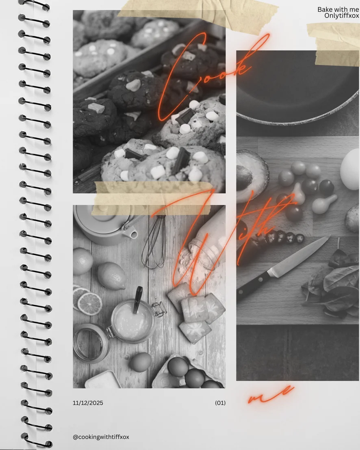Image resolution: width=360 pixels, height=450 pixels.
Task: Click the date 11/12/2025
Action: click(88, 403)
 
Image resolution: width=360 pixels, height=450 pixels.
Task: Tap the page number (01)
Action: click(220, 403)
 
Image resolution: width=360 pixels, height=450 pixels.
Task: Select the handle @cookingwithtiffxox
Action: click(101, 437)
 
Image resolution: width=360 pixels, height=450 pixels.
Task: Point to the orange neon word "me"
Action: click(271, 394)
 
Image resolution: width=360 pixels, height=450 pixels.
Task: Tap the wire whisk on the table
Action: click(154, 242)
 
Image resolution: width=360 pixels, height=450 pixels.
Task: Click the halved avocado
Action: click(251, 175)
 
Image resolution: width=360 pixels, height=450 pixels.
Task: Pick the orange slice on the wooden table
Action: click(90, 304)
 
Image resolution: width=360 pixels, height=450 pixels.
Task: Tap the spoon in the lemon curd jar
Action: click(137, 299)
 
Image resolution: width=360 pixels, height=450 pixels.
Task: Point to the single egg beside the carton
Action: click(141, 362)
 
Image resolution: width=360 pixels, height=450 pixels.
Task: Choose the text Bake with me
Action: click(338, 9)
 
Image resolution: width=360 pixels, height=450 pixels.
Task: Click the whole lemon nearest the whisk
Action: click(111, 276)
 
